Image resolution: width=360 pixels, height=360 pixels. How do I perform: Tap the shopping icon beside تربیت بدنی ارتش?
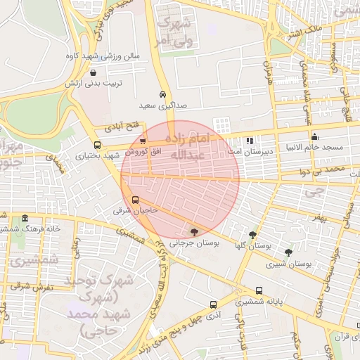click(94, 72)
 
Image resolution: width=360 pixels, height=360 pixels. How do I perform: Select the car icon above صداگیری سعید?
click(162, 94)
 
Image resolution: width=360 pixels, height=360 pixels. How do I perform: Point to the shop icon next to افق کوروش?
click(143, 141)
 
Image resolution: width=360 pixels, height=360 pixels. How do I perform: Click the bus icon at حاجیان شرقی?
click(136, 199)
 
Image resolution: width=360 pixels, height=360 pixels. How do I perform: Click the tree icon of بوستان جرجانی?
click(194, 231)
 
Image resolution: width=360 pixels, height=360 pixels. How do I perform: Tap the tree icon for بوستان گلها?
click(252, 235)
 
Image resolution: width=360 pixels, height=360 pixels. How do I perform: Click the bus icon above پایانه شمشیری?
click(259, 290)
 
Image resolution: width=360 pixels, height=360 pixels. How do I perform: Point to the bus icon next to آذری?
click(213, 304)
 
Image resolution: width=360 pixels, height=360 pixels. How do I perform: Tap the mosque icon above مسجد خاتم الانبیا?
click(314, 136)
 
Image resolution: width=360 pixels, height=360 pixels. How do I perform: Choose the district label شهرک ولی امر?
click(175, 32)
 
